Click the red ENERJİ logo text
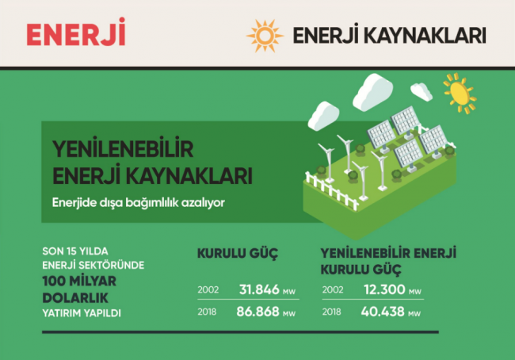pyautogui.click(x=75, y=33)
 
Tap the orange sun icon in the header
pyautogui.click(x=264, y=35)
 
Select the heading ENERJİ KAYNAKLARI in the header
pyautogui.click(x=388, y=36)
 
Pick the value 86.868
pyautogui.click(x=258, y=312)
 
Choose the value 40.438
pyautogui.click(x=384, y=312)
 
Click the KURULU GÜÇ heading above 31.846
pyautogui.click(x=238, y=255)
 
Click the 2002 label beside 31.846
pyautogui.click(x=208, y=289)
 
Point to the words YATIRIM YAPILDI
pyautogui.click(x=82, y=313)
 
